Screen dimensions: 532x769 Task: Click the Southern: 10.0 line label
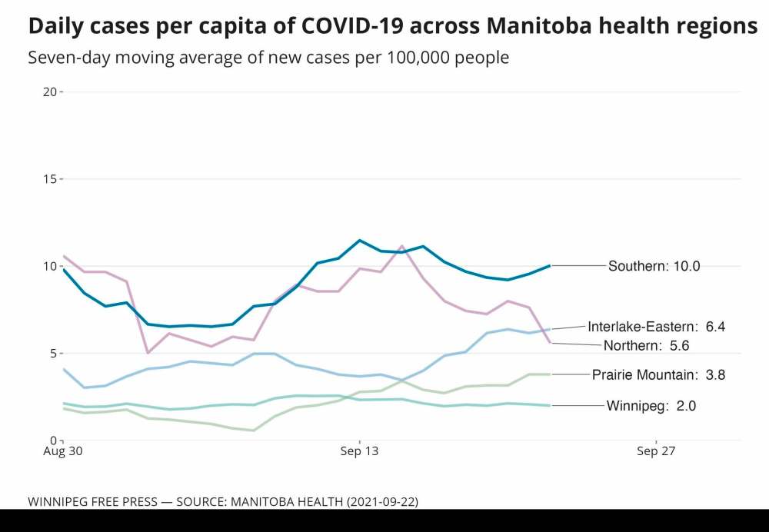[654, 266]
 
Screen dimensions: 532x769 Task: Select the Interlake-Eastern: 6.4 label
[656, 327]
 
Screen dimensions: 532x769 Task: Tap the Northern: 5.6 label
[645, 345]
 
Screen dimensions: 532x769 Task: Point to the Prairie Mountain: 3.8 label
[658, 375]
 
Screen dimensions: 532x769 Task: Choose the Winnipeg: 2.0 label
[651, 406]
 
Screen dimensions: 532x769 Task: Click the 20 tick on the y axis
[50, 91]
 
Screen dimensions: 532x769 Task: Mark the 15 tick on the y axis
[50, 179]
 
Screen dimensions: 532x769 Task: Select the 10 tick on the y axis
[50, 266]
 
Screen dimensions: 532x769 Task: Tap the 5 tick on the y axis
[53, 354]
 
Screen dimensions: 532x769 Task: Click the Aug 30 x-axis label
[63, 452]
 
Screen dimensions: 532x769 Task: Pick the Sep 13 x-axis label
[360, 452]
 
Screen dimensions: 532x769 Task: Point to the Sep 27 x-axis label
[656, 452]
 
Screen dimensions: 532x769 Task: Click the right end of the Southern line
[549, 265]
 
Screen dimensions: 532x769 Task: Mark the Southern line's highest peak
[359, 241]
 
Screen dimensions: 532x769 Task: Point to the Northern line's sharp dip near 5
[147, 353]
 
